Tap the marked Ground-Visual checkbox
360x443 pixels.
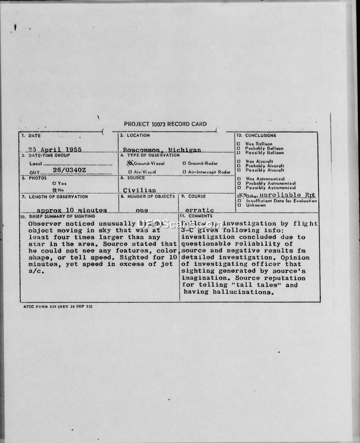pyautogui.click(x=130, y=163)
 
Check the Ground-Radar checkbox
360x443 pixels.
pyautogui.click(x=184, y=164)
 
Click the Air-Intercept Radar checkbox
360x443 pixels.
pyautogui.click(x=184, y=172)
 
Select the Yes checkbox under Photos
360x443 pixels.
pyautogui.click(x=54, y=183)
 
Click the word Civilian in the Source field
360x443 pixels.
pyautogui.click(x=139, y=190)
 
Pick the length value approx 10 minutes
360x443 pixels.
pyautogui.click(x=72, y=210)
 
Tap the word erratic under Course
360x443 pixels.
pyautogui.click(x=199, y=210)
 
